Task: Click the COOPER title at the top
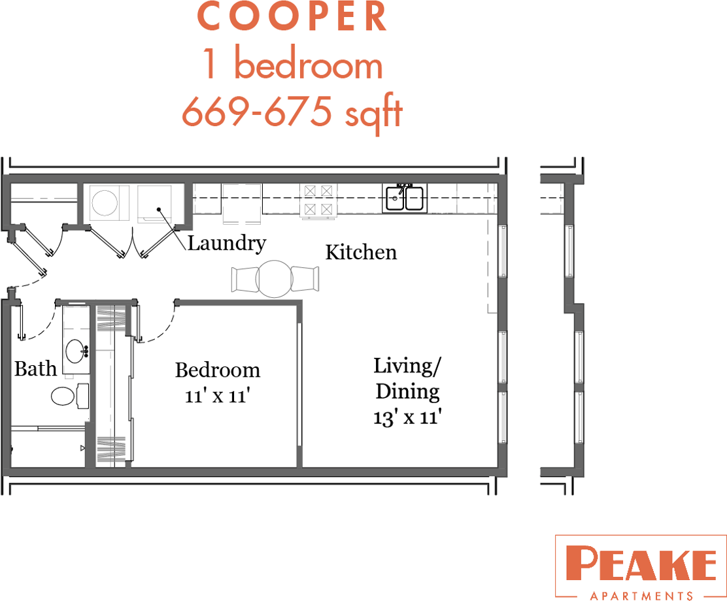[x=292, y=18]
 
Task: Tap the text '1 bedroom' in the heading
[x=292, y=65]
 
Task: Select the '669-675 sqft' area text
[x=292, y=112]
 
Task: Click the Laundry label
[x=227, y=244]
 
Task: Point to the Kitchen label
[x=361, y=252]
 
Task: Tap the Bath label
[x=35, y=369]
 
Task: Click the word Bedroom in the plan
[x=217, y=370]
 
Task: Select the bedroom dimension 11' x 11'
[x=217, y=395]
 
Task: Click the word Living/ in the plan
[x=407, y=366]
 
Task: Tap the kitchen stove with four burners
[x=318, y=200]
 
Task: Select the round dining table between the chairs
[x=274, y=279]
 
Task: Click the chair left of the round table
[x=244, y=280]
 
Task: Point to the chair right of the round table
[x=305, y=279]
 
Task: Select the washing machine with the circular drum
[x=105, y=203]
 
